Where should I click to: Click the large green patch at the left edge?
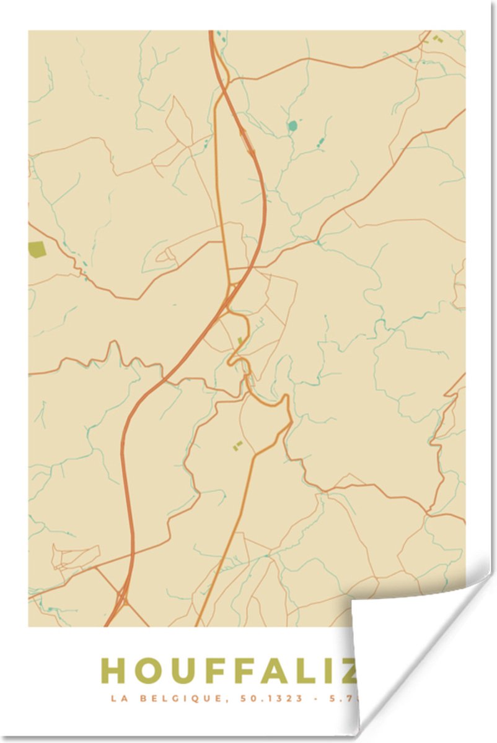click(x=37, y=250)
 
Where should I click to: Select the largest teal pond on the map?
click(x=292, y=126)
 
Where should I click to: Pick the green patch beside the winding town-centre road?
click(x=240, y=341)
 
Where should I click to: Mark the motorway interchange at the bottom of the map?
click(x=120, y=599)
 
